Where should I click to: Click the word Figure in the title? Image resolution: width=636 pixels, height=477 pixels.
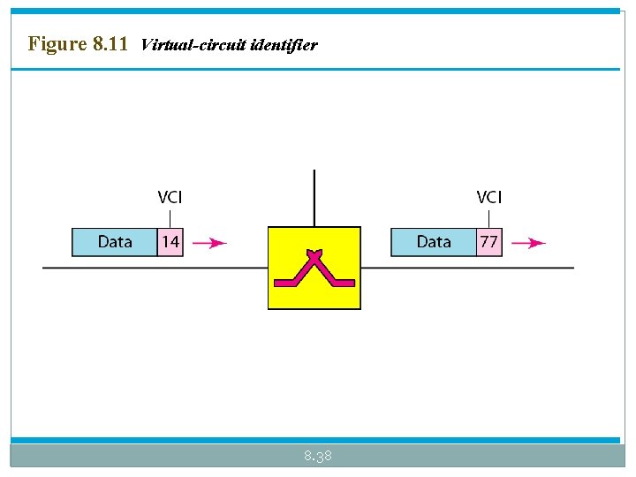pos(57,43)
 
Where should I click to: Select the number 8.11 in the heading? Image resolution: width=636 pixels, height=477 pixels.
pos(110,43)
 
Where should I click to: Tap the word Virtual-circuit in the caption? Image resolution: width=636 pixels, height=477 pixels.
pos(193,44)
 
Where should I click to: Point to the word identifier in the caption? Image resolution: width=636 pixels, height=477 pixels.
pos(284,44)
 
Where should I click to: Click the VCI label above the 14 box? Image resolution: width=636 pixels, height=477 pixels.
pos(170,198)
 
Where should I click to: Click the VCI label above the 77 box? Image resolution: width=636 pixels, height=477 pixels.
pos(488,198)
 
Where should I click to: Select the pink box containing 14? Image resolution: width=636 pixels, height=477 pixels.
pos(170,242)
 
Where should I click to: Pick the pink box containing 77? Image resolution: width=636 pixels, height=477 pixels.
pos(488,242)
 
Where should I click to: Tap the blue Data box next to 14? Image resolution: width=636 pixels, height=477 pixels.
pos(115,242)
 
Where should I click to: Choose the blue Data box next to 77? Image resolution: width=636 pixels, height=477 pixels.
pos(434,242)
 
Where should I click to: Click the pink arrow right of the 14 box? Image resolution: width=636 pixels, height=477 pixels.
pos(209,243)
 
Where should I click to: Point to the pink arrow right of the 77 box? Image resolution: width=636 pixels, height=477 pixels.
pos(528,243)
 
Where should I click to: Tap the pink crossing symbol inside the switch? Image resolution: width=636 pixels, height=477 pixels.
pos(314,269)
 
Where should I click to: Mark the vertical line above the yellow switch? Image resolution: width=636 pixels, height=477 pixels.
pos(314,199)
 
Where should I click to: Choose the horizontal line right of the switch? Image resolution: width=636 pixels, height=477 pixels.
pos(467,268)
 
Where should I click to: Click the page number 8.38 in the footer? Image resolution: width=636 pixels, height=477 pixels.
pos(317,456)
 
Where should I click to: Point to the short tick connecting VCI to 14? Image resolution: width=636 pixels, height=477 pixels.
pos(170,217)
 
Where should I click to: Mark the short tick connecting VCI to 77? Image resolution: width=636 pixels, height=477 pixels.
pos(488,217)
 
